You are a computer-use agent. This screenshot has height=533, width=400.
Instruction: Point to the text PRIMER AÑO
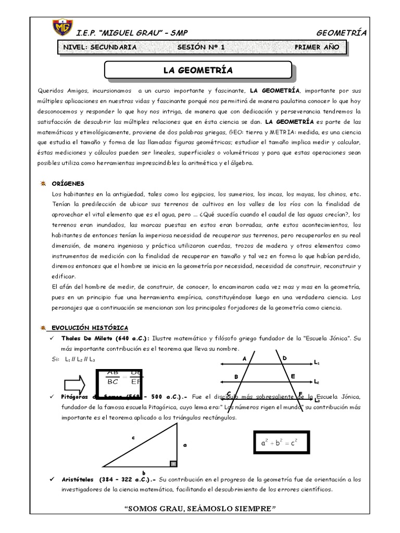pos(317,47)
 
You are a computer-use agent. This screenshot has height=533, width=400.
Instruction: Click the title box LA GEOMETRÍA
pos(198,70)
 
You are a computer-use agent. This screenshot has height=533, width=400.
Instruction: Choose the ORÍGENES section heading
pos(68,184)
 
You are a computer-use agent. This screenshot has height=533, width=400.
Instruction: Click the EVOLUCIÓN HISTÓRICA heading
pos(89,327)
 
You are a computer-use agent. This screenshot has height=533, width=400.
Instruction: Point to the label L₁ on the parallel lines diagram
pos(317,362)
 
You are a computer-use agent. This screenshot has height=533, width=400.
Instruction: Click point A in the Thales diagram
pos(244,359)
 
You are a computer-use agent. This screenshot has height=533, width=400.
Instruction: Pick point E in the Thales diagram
pos(293,375)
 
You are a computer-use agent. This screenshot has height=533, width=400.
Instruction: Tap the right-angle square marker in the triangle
pos(173,463)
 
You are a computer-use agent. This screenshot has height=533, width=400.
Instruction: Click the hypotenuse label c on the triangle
pos(133,438)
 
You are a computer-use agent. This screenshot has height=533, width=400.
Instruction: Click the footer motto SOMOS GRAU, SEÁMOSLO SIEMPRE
pos(200,507)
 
